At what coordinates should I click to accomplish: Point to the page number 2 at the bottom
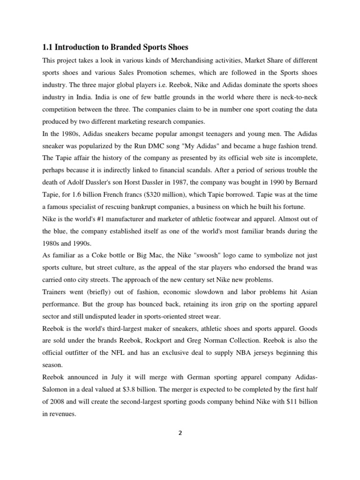coord(180,433)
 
